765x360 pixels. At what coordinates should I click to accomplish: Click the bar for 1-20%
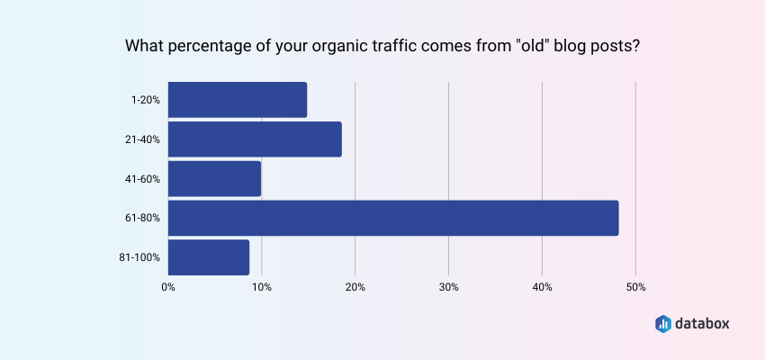pos(238,100)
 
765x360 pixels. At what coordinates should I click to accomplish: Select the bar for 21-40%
pos(255,139)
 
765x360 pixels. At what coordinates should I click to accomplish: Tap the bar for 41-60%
pos(214,178)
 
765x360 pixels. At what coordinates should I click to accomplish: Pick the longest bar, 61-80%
pos(393,218)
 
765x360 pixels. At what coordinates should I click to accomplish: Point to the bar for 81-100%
pos(209,257)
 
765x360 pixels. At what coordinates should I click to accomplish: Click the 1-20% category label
pos(145,100)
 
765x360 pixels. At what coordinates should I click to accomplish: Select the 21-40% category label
pos(143,139)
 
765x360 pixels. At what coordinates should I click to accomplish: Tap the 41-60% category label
pos(143,179)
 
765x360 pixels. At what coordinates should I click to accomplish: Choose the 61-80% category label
pos(143,218)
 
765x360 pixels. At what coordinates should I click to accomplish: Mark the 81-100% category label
pos(140,257)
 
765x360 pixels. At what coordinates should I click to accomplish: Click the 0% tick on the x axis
pos(168,287)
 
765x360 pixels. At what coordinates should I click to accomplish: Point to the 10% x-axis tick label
pos(261,287)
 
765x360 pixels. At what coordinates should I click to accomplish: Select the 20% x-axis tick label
pos(355,287)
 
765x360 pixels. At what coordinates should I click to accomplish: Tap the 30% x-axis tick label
pos(448,287)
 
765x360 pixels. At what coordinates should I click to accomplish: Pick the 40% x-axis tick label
pos(542,287)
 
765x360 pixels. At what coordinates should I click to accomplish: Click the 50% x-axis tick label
pos(635,287)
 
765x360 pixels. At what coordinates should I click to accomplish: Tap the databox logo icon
pos(662,323)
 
